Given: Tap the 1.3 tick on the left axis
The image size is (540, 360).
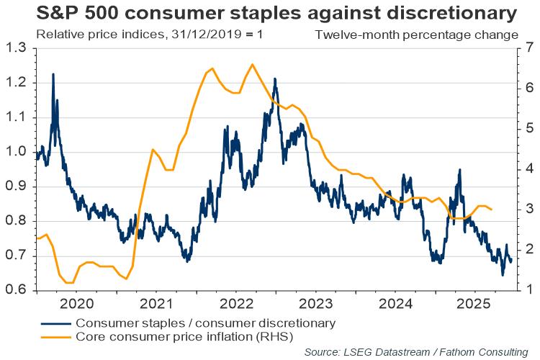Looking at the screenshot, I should (15, 48).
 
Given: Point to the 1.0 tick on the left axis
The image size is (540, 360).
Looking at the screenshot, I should (15, 153).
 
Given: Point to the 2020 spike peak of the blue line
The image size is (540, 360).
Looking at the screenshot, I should (53, 74).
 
